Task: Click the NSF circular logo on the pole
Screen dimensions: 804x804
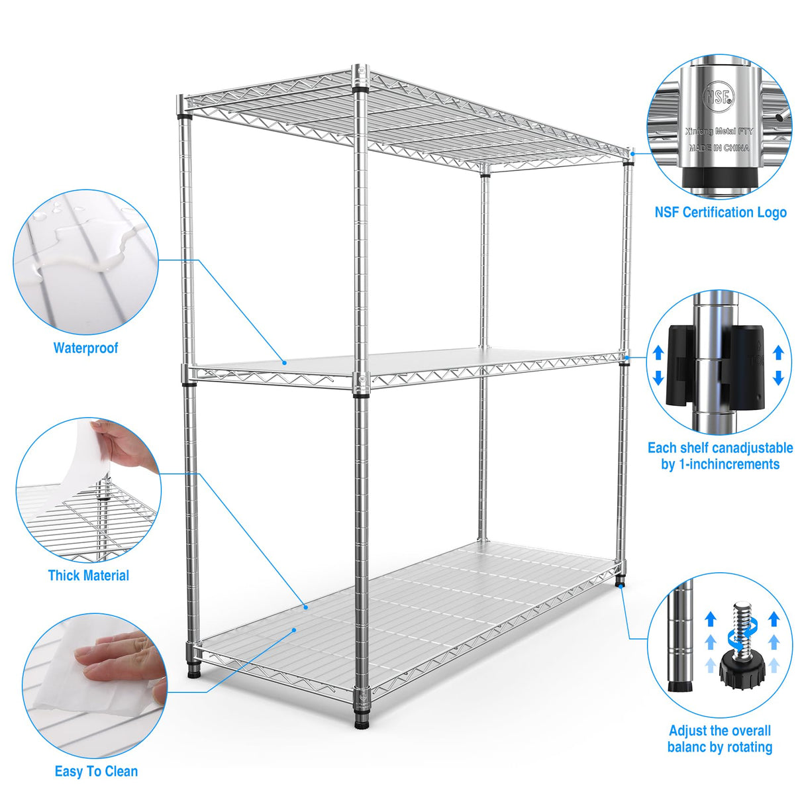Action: click(719, 97)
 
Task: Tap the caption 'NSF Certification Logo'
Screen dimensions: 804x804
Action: click(721, 213)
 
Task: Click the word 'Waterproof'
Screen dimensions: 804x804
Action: click(85, 348)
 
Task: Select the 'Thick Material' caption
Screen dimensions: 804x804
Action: click(88, 576)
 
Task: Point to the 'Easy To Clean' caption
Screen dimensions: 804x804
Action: click(96, 772)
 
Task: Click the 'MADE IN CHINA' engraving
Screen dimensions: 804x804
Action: click(719, 148)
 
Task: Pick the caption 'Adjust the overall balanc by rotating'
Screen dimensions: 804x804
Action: click(720, 739)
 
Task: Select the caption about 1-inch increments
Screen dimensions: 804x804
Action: click(720, 456)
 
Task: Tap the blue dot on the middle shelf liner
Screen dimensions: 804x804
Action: click(284, 362)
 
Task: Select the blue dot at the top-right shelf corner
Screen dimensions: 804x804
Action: click(632, 154)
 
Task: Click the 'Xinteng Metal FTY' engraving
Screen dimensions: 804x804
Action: click(719, 132)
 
